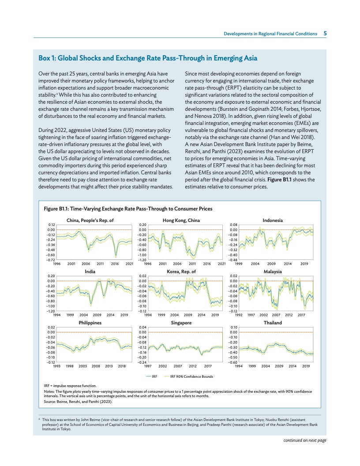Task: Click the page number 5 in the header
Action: (x=325, y=34)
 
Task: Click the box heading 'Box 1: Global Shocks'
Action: (x=148, y=58)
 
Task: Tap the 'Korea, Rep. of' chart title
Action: (x=181, y=271)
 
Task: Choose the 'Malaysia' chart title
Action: (x=273, y=271)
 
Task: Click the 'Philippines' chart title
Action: (x=90, y=323)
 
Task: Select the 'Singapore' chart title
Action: (x=181, y=323)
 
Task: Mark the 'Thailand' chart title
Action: (x=273, y=323)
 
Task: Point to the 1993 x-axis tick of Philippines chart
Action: (x=56, y=366)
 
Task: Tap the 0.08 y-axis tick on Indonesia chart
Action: (x=234, y=225)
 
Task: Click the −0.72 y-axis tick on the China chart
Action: (x=51, y=260)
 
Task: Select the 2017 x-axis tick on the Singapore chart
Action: (x=208, y=366)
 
